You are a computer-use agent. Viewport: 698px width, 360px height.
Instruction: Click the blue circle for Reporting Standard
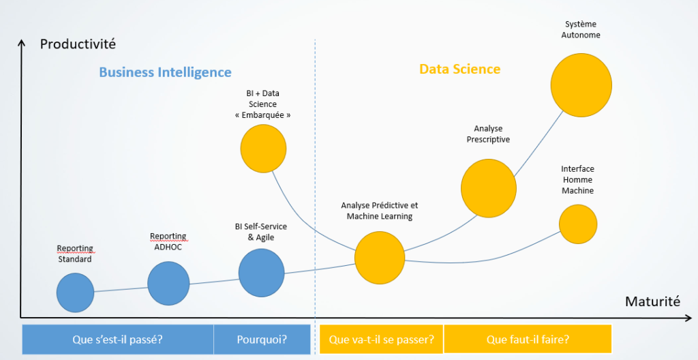click(x=75, y=292)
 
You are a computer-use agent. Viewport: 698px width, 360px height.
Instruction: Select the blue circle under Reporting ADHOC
click(x=168, y=284)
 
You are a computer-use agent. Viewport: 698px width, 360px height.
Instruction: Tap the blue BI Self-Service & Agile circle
click(x=261, y=273)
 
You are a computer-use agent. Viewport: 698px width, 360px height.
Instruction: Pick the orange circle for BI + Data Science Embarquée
click(x=263, y=149)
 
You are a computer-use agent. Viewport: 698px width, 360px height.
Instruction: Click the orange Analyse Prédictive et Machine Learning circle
click(x=380, y=258)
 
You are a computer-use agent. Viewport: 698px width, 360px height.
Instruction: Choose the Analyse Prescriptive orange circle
click(x=489, y=188)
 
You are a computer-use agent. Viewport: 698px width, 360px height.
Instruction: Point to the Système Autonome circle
click(x=581, y=85)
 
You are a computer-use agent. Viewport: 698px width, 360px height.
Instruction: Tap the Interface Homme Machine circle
click(x=578, y=224)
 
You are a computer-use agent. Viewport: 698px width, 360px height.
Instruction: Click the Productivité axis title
click(x=78, y=44)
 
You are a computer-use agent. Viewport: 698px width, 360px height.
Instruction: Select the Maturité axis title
click(x=652, y=301)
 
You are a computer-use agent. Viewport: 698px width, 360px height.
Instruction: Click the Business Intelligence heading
click(x=165, y=72)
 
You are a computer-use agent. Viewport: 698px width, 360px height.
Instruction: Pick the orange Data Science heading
click(x=460, y=69)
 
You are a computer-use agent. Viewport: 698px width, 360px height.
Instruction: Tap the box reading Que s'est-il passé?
click(x=117, y=340)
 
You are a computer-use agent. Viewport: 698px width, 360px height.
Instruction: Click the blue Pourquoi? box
click(x=262, y=340)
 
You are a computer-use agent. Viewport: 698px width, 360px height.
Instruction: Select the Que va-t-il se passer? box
click(x=381, y=340)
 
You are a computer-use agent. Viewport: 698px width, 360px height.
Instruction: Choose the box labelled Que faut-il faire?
click(x=528, y=340)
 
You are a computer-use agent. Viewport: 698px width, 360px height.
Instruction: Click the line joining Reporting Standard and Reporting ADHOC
click(x=121, y=290)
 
